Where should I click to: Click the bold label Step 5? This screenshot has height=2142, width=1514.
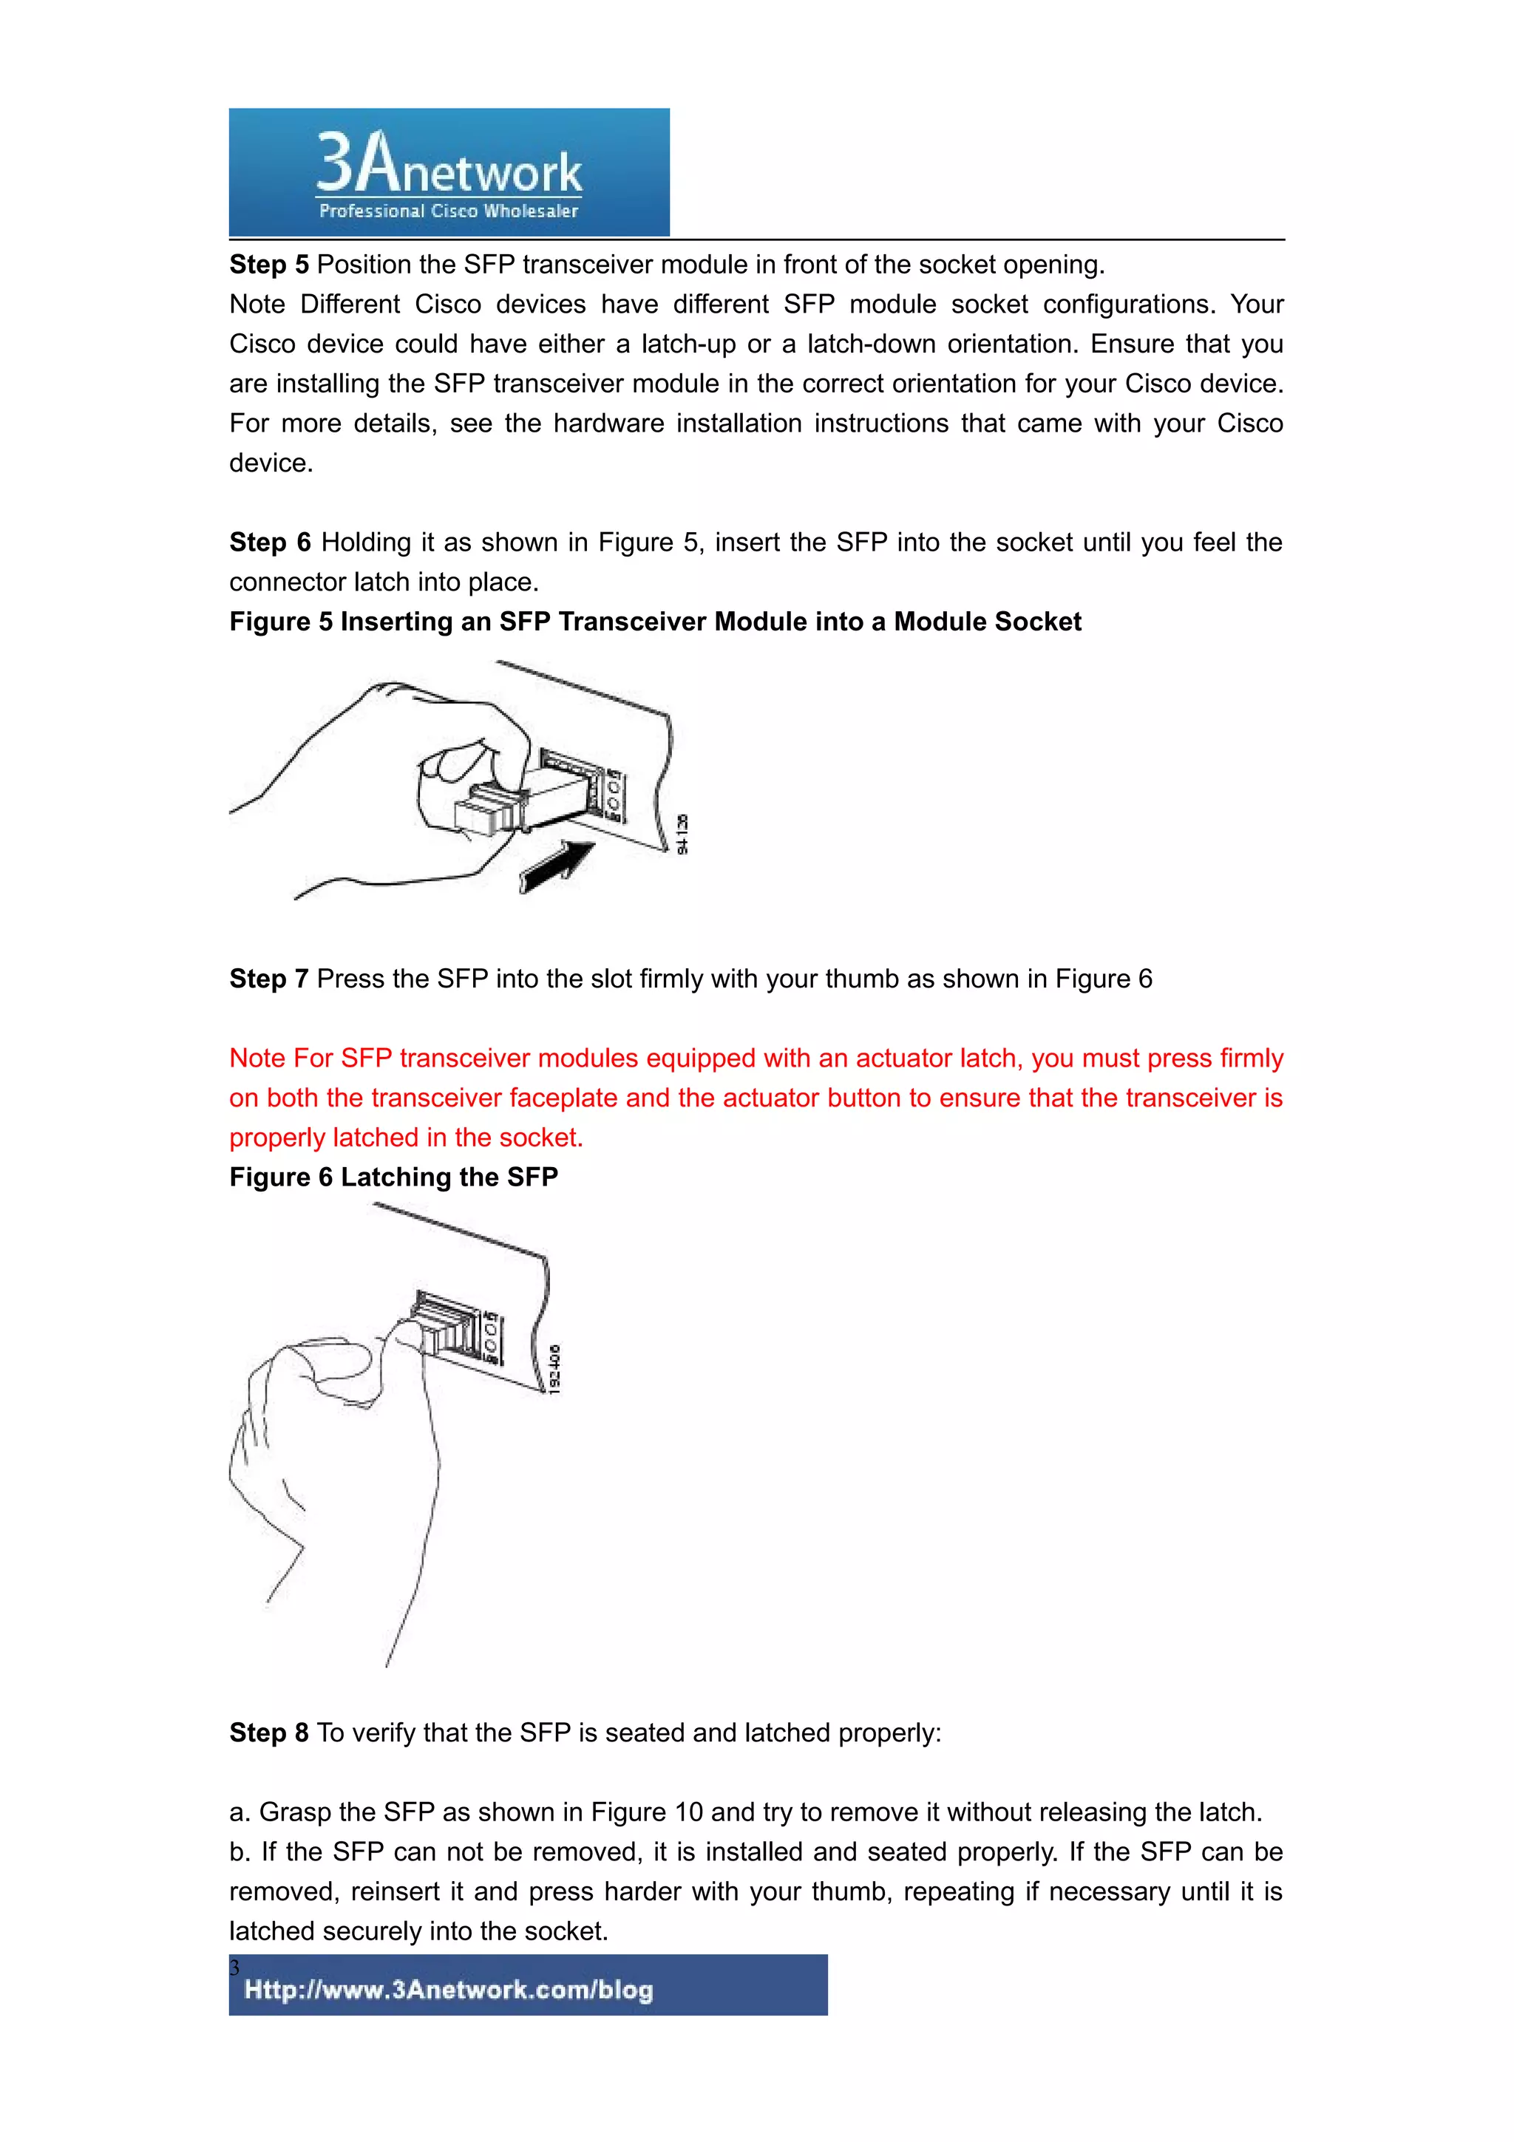point(268,265)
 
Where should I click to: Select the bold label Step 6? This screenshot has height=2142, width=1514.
point(270,543)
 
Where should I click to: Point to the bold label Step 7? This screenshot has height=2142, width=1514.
point(268,979)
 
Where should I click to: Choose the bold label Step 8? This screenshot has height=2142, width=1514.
point(268,1733)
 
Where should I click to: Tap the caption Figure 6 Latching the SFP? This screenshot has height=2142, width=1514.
point(394,1177)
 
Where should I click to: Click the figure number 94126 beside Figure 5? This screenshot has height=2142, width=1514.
point(682,834)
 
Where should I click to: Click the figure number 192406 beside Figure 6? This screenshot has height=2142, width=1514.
point(554,1369)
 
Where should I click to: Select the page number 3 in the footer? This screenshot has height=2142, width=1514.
point(235,1968)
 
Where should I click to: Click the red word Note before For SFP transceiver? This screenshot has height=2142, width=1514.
point(257,1059)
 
